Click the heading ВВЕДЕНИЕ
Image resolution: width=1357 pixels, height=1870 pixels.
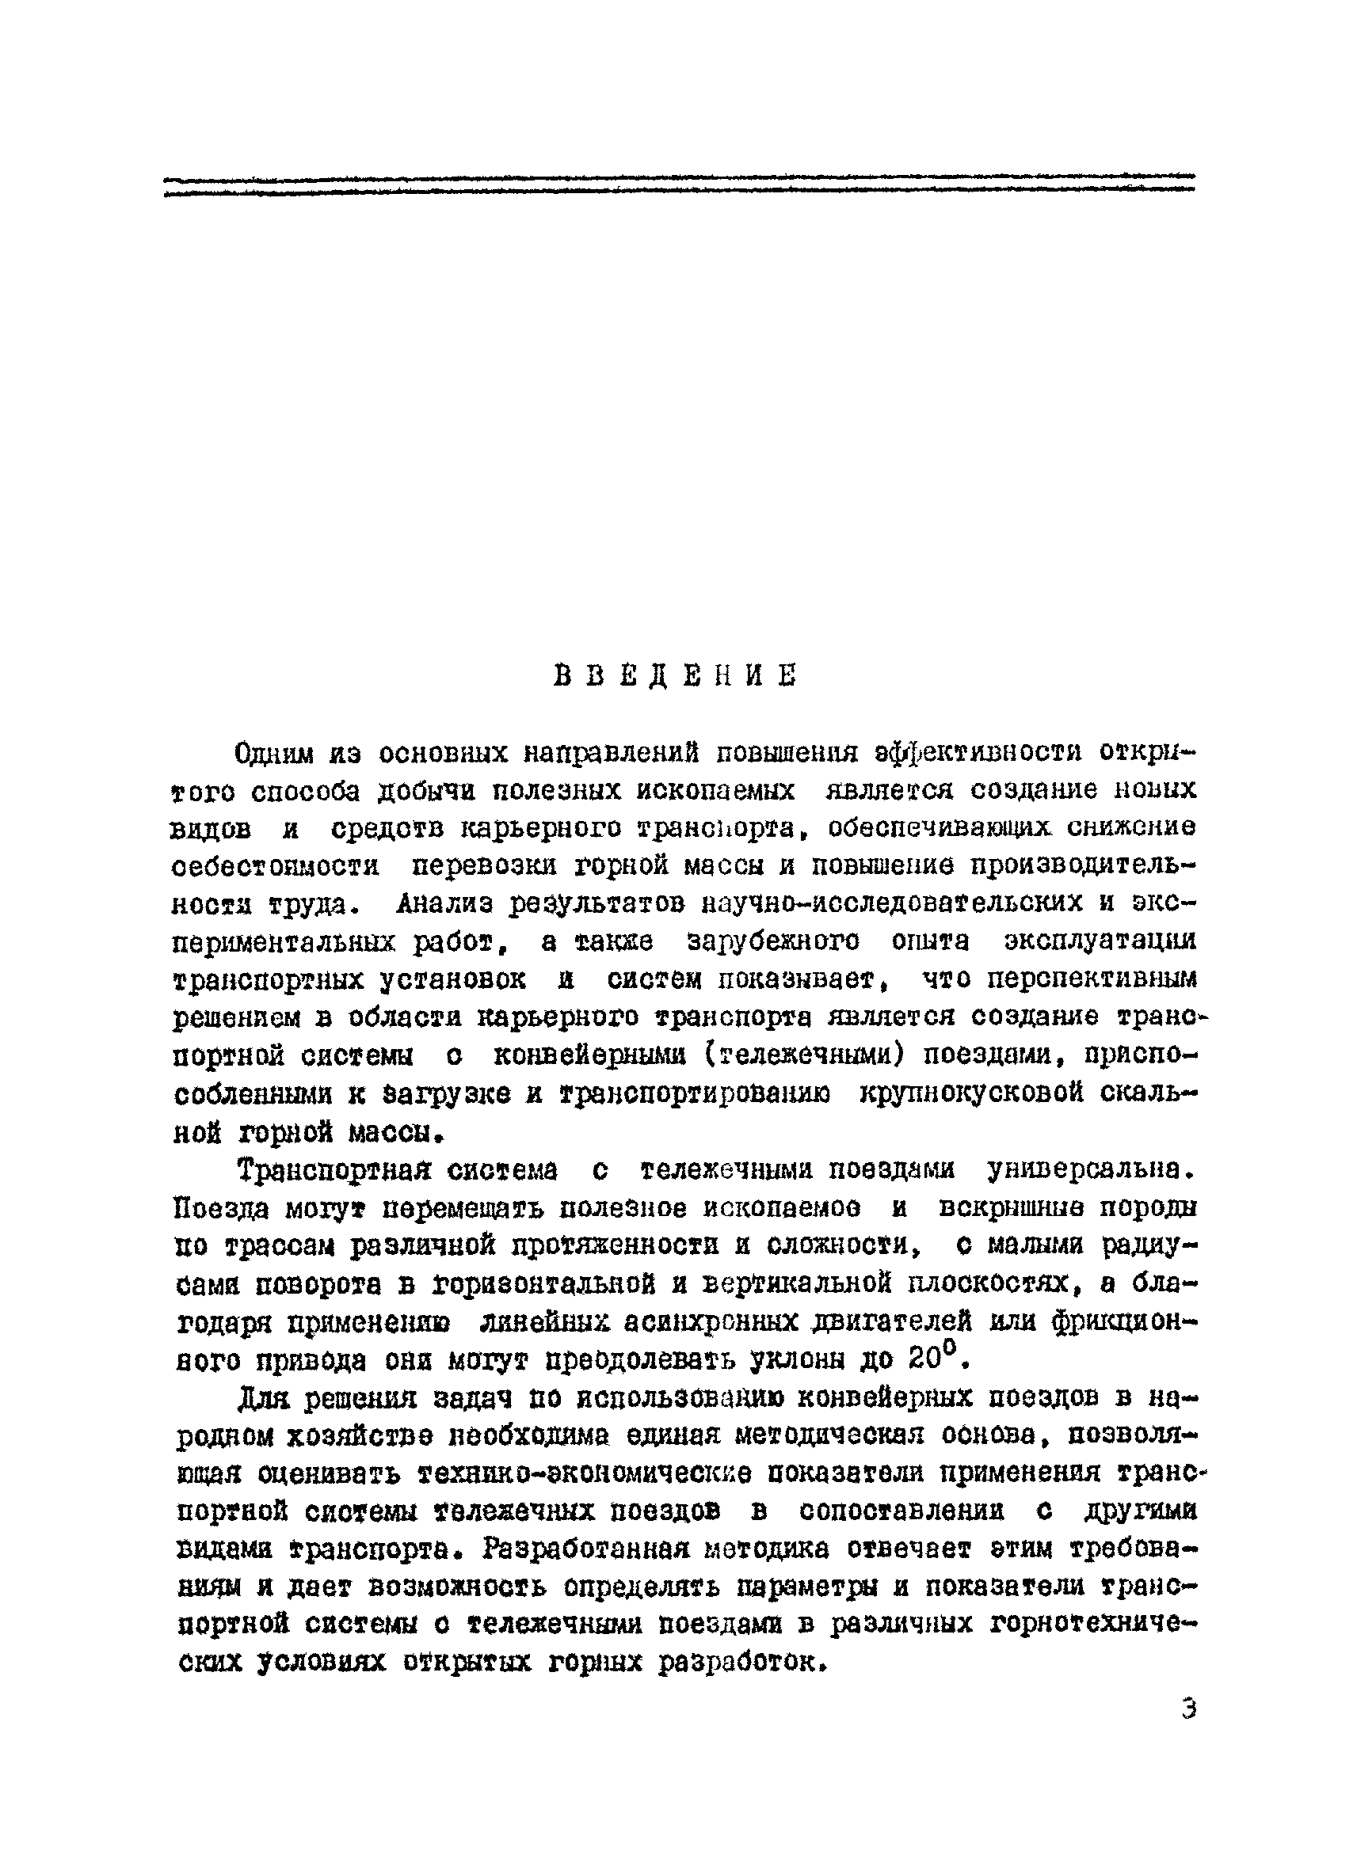coord(674,675)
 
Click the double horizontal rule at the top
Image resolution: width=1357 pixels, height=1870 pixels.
coord(679,184)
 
